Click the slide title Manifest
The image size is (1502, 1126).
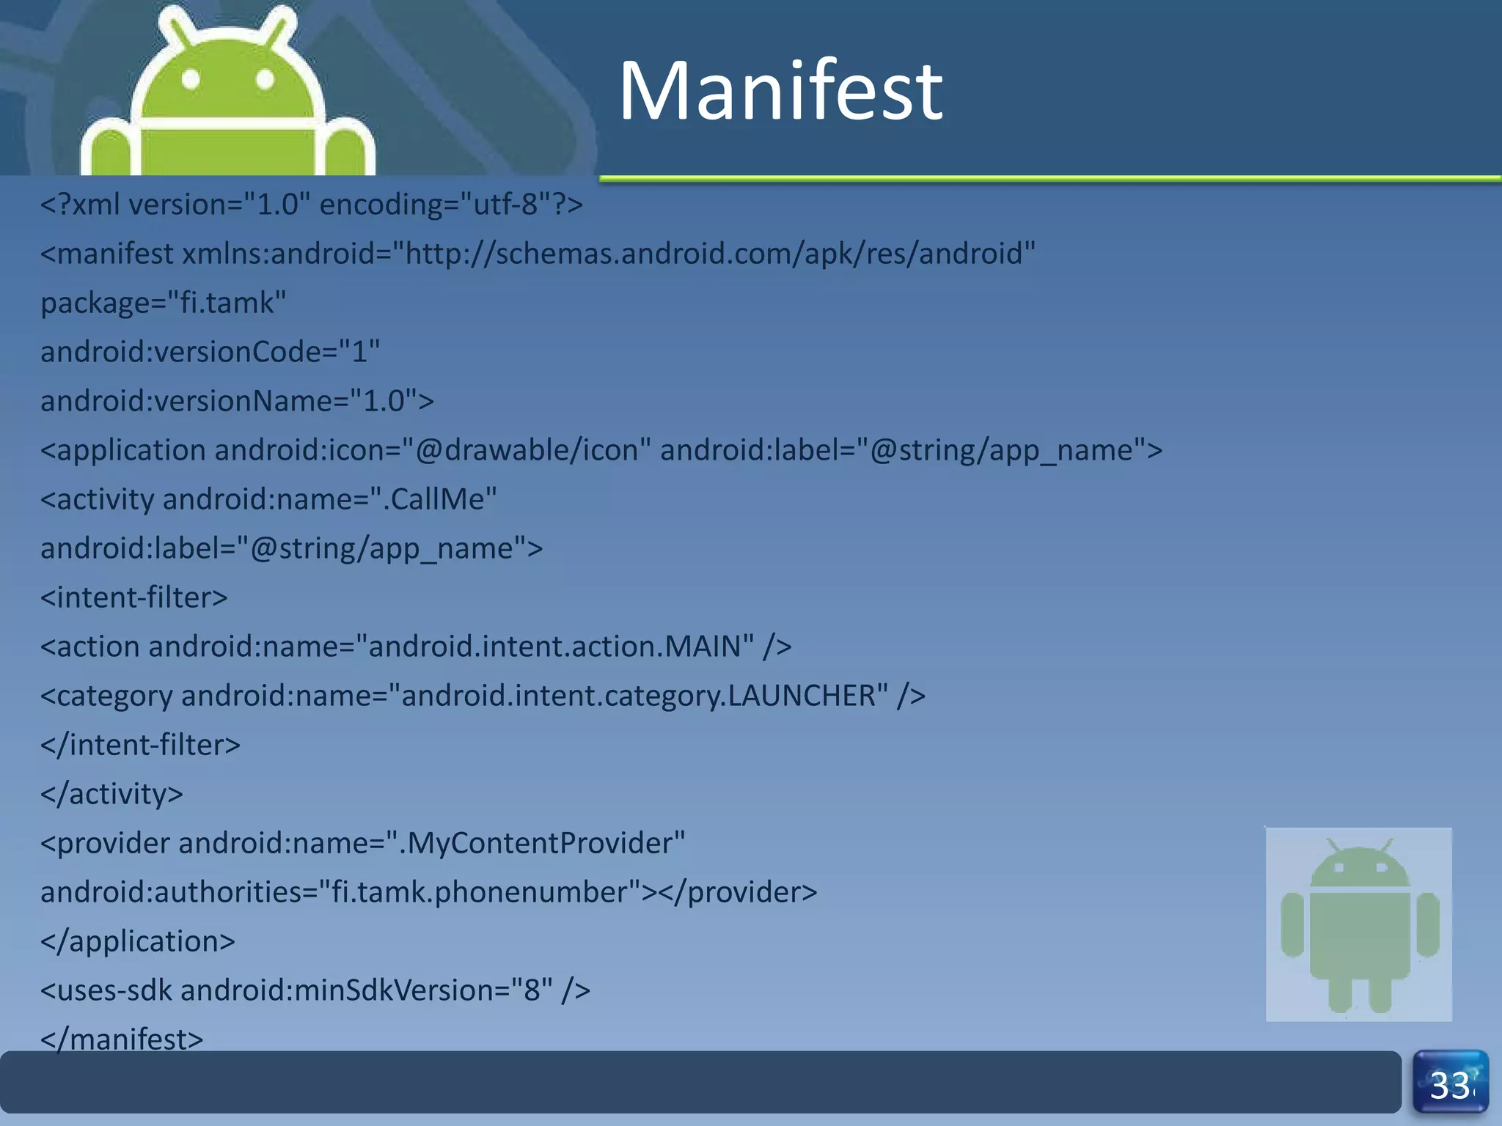pos(780,91)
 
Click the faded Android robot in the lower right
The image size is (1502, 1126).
pos(1359,924)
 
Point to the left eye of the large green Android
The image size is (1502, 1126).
pos(191,79)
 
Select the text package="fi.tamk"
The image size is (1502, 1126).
pos(163,303)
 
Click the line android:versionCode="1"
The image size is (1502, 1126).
pos(210,352)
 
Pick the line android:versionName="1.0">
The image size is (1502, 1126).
pos(237,401)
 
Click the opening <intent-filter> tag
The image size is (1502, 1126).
pos(133,597)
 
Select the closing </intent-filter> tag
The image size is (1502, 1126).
pos(140,745)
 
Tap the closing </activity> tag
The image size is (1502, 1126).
pos(111,794)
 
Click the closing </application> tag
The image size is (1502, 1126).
pos(138,941)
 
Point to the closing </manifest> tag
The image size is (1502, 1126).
pos(122,1038)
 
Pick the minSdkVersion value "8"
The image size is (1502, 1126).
pos(532,990)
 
